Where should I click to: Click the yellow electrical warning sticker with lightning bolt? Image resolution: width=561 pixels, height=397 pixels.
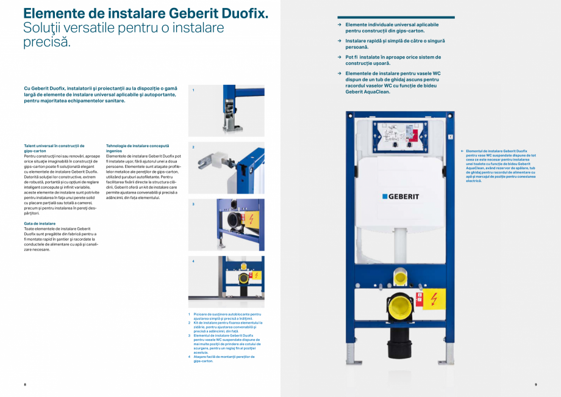(434, 299)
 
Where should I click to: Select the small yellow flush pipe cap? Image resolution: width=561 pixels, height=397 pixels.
(400, 278)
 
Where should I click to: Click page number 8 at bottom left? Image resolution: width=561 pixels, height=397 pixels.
(24, 384)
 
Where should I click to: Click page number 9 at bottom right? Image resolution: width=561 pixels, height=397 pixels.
(535, 384)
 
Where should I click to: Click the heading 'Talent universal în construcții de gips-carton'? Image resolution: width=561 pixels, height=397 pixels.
(54, 148)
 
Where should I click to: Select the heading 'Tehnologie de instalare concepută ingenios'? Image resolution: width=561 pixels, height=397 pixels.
(137, 148)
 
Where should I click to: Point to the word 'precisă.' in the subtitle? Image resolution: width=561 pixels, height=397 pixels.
(47, 43)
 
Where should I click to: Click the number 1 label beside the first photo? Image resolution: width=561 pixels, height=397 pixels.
(193, 90)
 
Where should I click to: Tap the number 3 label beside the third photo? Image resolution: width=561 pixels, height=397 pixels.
(193, 204)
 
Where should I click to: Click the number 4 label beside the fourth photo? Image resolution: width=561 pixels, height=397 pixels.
(193, 261)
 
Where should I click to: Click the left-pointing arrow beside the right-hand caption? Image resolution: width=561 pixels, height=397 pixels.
(462, 151)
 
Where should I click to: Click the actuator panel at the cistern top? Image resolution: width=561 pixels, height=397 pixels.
(400, 134)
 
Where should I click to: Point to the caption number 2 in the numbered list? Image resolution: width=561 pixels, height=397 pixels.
(189, 322)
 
